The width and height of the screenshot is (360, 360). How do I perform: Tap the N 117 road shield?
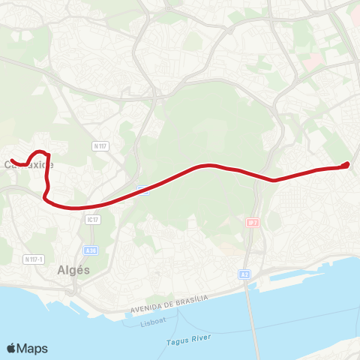(x=100, y=145)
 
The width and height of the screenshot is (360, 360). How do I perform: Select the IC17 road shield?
(x=92, y=219)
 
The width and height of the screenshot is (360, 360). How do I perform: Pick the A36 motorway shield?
(x=90, y=250)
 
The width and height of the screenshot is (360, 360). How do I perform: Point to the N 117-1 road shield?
(x=33, y=259)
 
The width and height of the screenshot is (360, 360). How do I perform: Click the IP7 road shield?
(x=252, y=223)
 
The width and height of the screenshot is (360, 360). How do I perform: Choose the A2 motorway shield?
(x=244, y=274)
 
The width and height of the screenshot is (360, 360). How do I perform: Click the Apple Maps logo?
(x=27, y=348)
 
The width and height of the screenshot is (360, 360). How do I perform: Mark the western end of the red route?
(x=12, y=159)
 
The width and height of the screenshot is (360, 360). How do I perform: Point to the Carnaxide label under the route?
(x=28, y=163)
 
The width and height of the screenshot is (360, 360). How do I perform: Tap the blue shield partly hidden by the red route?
(x=143, y=190)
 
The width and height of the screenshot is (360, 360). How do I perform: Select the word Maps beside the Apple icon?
(x=33, y=348)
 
